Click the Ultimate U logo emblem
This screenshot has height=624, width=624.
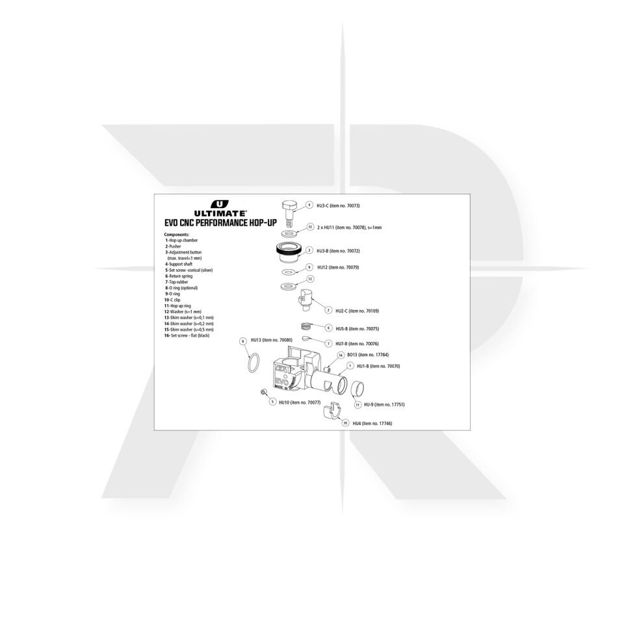coord(220,204)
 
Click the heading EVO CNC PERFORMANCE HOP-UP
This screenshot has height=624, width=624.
coord(220,222)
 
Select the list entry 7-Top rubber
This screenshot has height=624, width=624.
coord(176,281)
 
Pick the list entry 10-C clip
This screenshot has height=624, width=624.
coord(172,300)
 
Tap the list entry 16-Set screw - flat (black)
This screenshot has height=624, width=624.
coord(187,335)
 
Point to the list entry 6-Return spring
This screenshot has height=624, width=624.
coord(179,276)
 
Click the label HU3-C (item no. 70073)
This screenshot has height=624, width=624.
coord(338,206)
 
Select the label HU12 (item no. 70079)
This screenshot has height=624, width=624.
coord(338,267)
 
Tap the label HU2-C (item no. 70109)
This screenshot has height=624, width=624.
coord(357,311)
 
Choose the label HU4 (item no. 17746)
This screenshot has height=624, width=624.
coord(372,423)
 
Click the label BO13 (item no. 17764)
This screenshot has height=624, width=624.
coord(368,355)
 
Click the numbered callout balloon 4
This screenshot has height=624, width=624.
coord(309,205)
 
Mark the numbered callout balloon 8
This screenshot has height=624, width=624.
coord(242,341)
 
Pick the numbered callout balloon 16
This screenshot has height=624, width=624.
coord(341,355)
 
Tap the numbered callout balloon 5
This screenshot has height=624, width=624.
coord(272,402)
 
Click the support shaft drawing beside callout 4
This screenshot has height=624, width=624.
coord(291,213)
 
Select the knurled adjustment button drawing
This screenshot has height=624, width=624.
coord(287,252)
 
